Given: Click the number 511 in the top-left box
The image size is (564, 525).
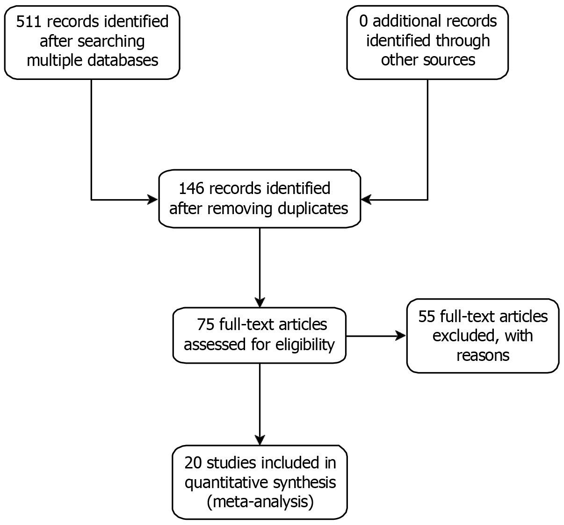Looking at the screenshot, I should click(29, 22).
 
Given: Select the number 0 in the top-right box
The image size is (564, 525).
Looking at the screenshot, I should click(363, 21).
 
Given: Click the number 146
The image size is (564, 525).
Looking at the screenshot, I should click(191, 188).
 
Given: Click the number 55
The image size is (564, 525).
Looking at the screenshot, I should click(427, 316).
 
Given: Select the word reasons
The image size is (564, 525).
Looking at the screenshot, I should click(483, 355).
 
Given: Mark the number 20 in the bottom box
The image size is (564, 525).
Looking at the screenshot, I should click(193, 463).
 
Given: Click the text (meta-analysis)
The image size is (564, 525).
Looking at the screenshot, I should click(260, 502).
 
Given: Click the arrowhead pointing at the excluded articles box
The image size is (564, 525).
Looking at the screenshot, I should click(400, 336).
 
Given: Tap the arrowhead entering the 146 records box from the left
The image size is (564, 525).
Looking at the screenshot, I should click(152, 200).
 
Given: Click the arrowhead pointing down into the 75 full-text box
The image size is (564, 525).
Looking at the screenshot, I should click(259, 302).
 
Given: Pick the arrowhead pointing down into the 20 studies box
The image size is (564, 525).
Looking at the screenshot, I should click(259, 439).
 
